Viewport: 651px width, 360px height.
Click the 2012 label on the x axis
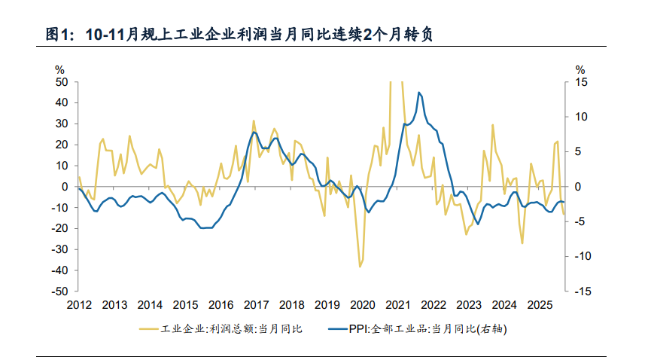pos(79,305)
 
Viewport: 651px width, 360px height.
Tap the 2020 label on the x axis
pos(362,305)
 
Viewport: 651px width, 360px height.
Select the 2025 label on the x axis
pos(539,305)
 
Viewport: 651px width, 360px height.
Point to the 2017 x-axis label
pos(256,305)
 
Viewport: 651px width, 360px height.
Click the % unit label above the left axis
pos(61,69)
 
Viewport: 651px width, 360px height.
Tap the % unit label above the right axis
pos(580,69)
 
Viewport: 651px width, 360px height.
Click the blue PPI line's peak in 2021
pos(418,93)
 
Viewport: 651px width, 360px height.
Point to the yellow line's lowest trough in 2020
pos(360,267)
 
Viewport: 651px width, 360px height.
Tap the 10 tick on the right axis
pos(580,117)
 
